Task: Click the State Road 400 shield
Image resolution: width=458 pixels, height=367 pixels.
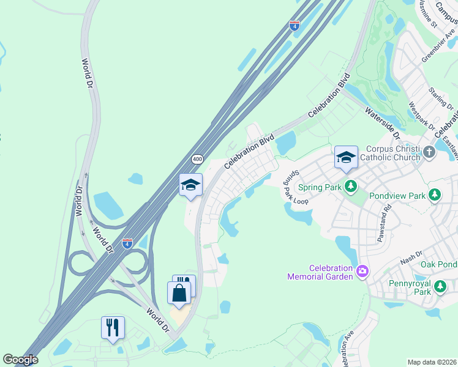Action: coord(197,159)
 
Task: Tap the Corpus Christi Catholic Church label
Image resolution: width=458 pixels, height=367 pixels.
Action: coord(393,153)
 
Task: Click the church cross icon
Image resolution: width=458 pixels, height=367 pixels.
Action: coord(429,152)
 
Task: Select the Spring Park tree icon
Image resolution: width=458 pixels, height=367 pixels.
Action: coord(351,186)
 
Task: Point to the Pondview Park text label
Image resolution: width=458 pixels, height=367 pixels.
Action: coord(400,196)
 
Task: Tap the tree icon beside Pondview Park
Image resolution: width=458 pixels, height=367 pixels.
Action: coord(435,195)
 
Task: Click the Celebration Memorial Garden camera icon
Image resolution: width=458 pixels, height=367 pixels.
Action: coord(362,271)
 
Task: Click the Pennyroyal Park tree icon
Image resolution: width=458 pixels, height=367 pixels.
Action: coord(440,286)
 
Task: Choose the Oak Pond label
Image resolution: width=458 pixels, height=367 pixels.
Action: coord(439,264)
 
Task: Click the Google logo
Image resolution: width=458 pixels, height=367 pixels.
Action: coord(20,360)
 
